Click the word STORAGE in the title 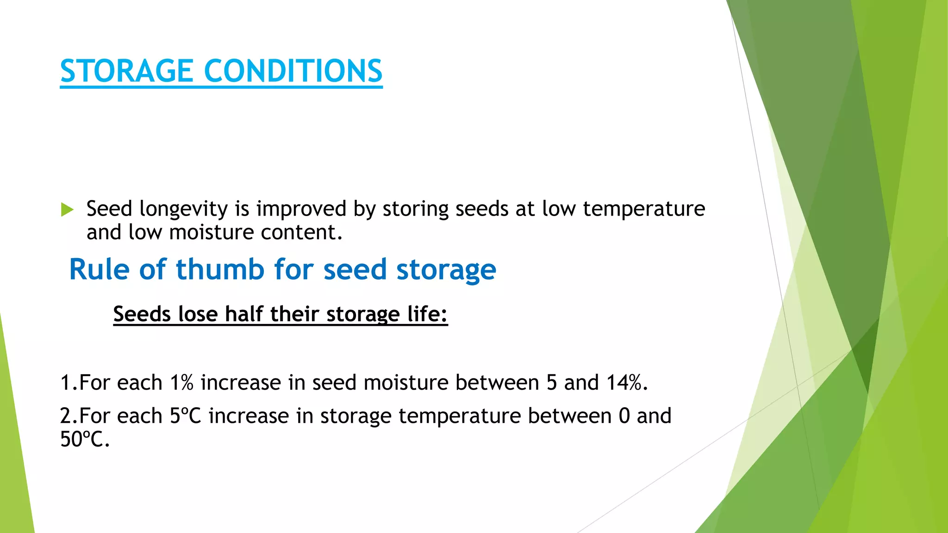126,71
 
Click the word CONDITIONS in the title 293,71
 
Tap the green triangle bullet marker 67,210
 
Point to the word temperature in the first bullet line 643,209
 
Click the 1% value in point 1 181,383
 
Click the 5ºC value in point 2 185,416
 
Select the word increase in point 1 241,383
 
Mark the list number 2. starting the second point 69,416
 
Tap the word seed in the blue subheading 354,269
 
